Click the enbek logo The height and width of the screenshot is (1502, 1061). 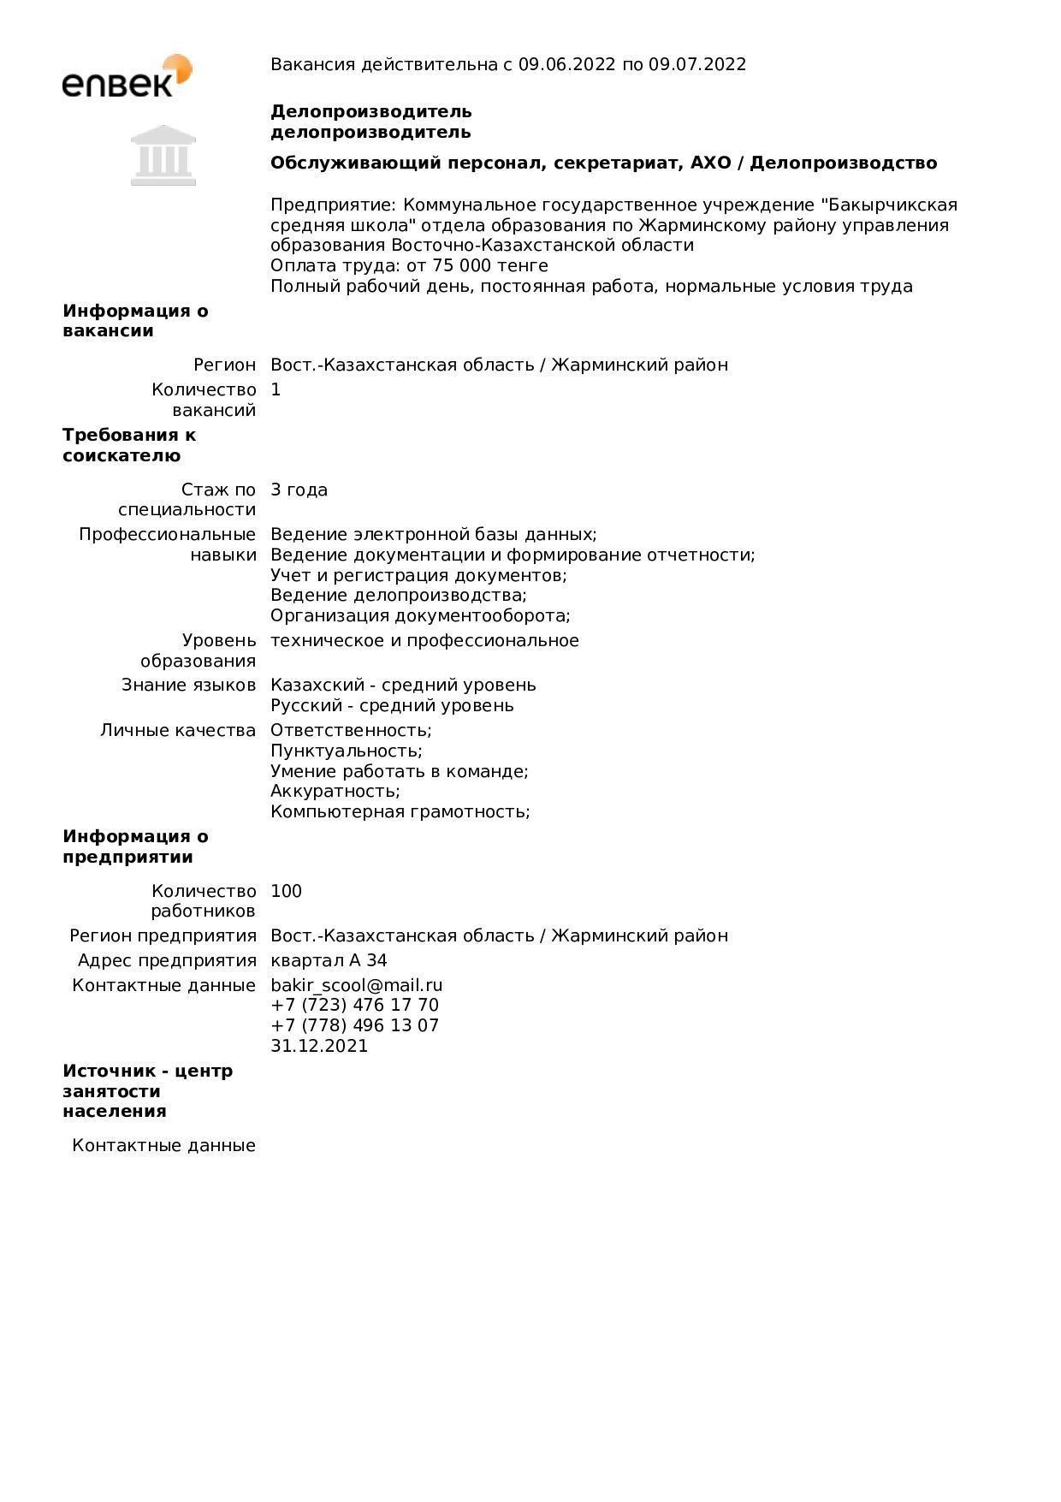(127, 76)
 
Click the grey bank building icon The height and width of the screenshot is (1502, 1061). (163, 155)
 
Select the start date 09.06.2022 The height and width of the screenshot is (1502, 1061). (566, 64)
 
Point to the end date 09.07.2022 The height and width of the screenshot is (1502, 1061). (697, 64)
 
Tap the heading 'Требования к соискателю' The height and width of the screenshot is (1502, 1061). (129, 445)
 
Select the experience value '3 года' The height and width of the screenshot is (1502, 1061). (299, 490)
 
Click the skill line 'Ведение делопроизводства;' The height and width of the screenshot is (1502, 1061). (399, 595)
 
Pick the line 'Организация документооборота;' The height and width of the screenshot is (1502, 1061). (420, 615)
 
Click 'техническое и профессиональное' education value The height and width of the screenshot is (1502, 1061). (424, 640)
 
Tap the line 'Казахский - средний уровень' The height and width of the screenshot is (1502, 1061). (403, 685)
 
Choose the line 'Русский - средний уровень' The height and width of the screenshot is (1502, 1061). (392, 705)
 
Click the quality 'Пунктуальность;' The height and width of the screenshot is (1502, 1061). (347, 751)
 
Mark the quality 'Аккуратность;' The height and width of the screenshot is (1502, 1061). (335, 791)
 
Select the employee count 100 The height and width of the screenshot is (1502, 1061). (286, 891)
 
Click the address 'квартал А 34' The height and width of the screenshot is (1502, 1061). (329, 960)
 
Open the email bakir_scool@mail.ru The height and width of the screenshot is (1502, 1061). (357, 985)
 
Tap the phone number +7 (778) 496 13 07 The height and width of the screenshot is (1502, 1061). (354, 1025)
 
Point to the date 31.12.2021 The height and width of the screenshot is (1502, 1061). (319, 1046)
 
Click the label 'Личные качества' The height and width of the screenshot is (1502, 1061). (178, 730)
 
